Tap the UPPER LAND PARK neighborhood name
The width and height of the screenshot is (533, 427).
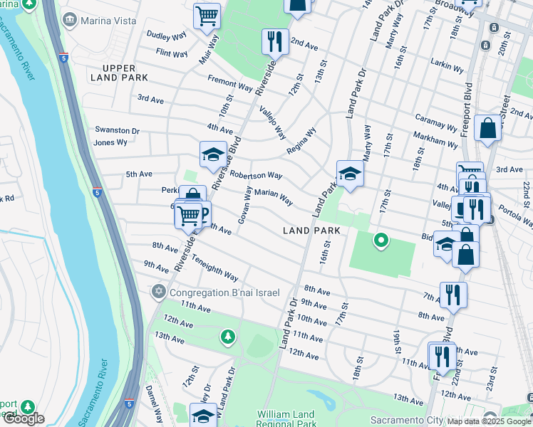click(120, 72)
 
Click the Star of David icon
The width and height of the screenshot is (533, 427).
click(157, 292)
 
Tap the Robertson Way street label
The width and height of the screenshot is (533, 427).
click(256, 175)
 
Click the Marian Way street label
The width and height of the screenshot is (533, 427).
click(274, 196)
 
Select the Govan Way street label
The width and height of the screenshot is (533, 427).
click(244, 206)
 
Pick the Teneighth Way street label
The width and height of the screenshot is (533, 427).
click(214, 269)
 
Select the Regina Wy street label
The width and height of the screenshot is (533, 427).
click(301, 141)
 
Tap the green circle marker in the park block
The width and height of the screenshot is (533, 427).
click(381, 241)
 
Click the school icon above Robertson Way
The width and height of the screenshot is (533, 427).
click(212, 154)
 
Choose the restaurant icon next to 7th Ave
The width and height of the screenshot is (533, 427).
click(453, 294)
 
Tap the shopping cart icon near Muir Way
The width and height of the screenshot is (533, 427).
click(207, 15)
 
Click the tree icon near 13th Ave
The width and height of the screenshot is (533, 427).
click(227, 336)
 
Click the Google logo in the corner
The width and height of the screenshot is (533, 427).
click(24, 418)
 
